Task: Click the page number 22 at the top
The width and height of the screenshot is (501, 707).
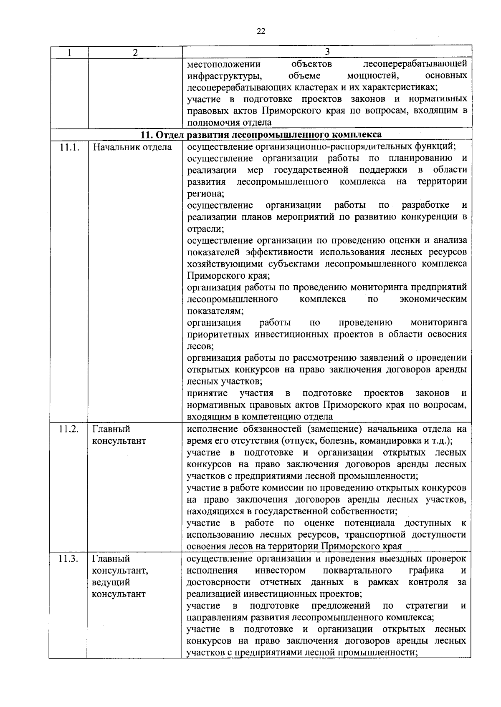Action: tap(261, 31)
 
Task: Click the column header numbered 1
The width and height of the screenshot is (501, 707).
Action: tap(69, 52)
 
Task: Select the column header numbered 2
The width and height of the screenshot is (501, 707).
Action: tap(134, 52)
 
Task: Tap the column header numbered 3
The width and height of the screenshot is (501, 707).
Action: tap(327, 51)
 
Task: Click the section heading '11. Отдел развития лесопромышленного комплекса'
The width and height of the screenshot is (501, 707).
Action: tap(261, 134)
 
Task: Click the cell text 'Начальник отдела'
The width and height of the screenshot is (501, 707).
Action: tap(132, 147)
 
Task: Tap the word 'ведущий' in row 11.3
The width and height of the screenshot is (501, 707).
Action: tap(111, 582)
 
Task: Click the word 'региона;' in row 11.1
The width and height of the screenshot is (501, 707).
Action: tap(205, 194)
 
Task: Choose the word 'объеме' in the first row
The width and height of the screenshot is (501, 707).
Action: tap(304, 76)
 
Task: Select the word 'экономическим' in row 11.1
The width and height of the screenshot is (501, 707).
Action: tap(433, 299)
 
